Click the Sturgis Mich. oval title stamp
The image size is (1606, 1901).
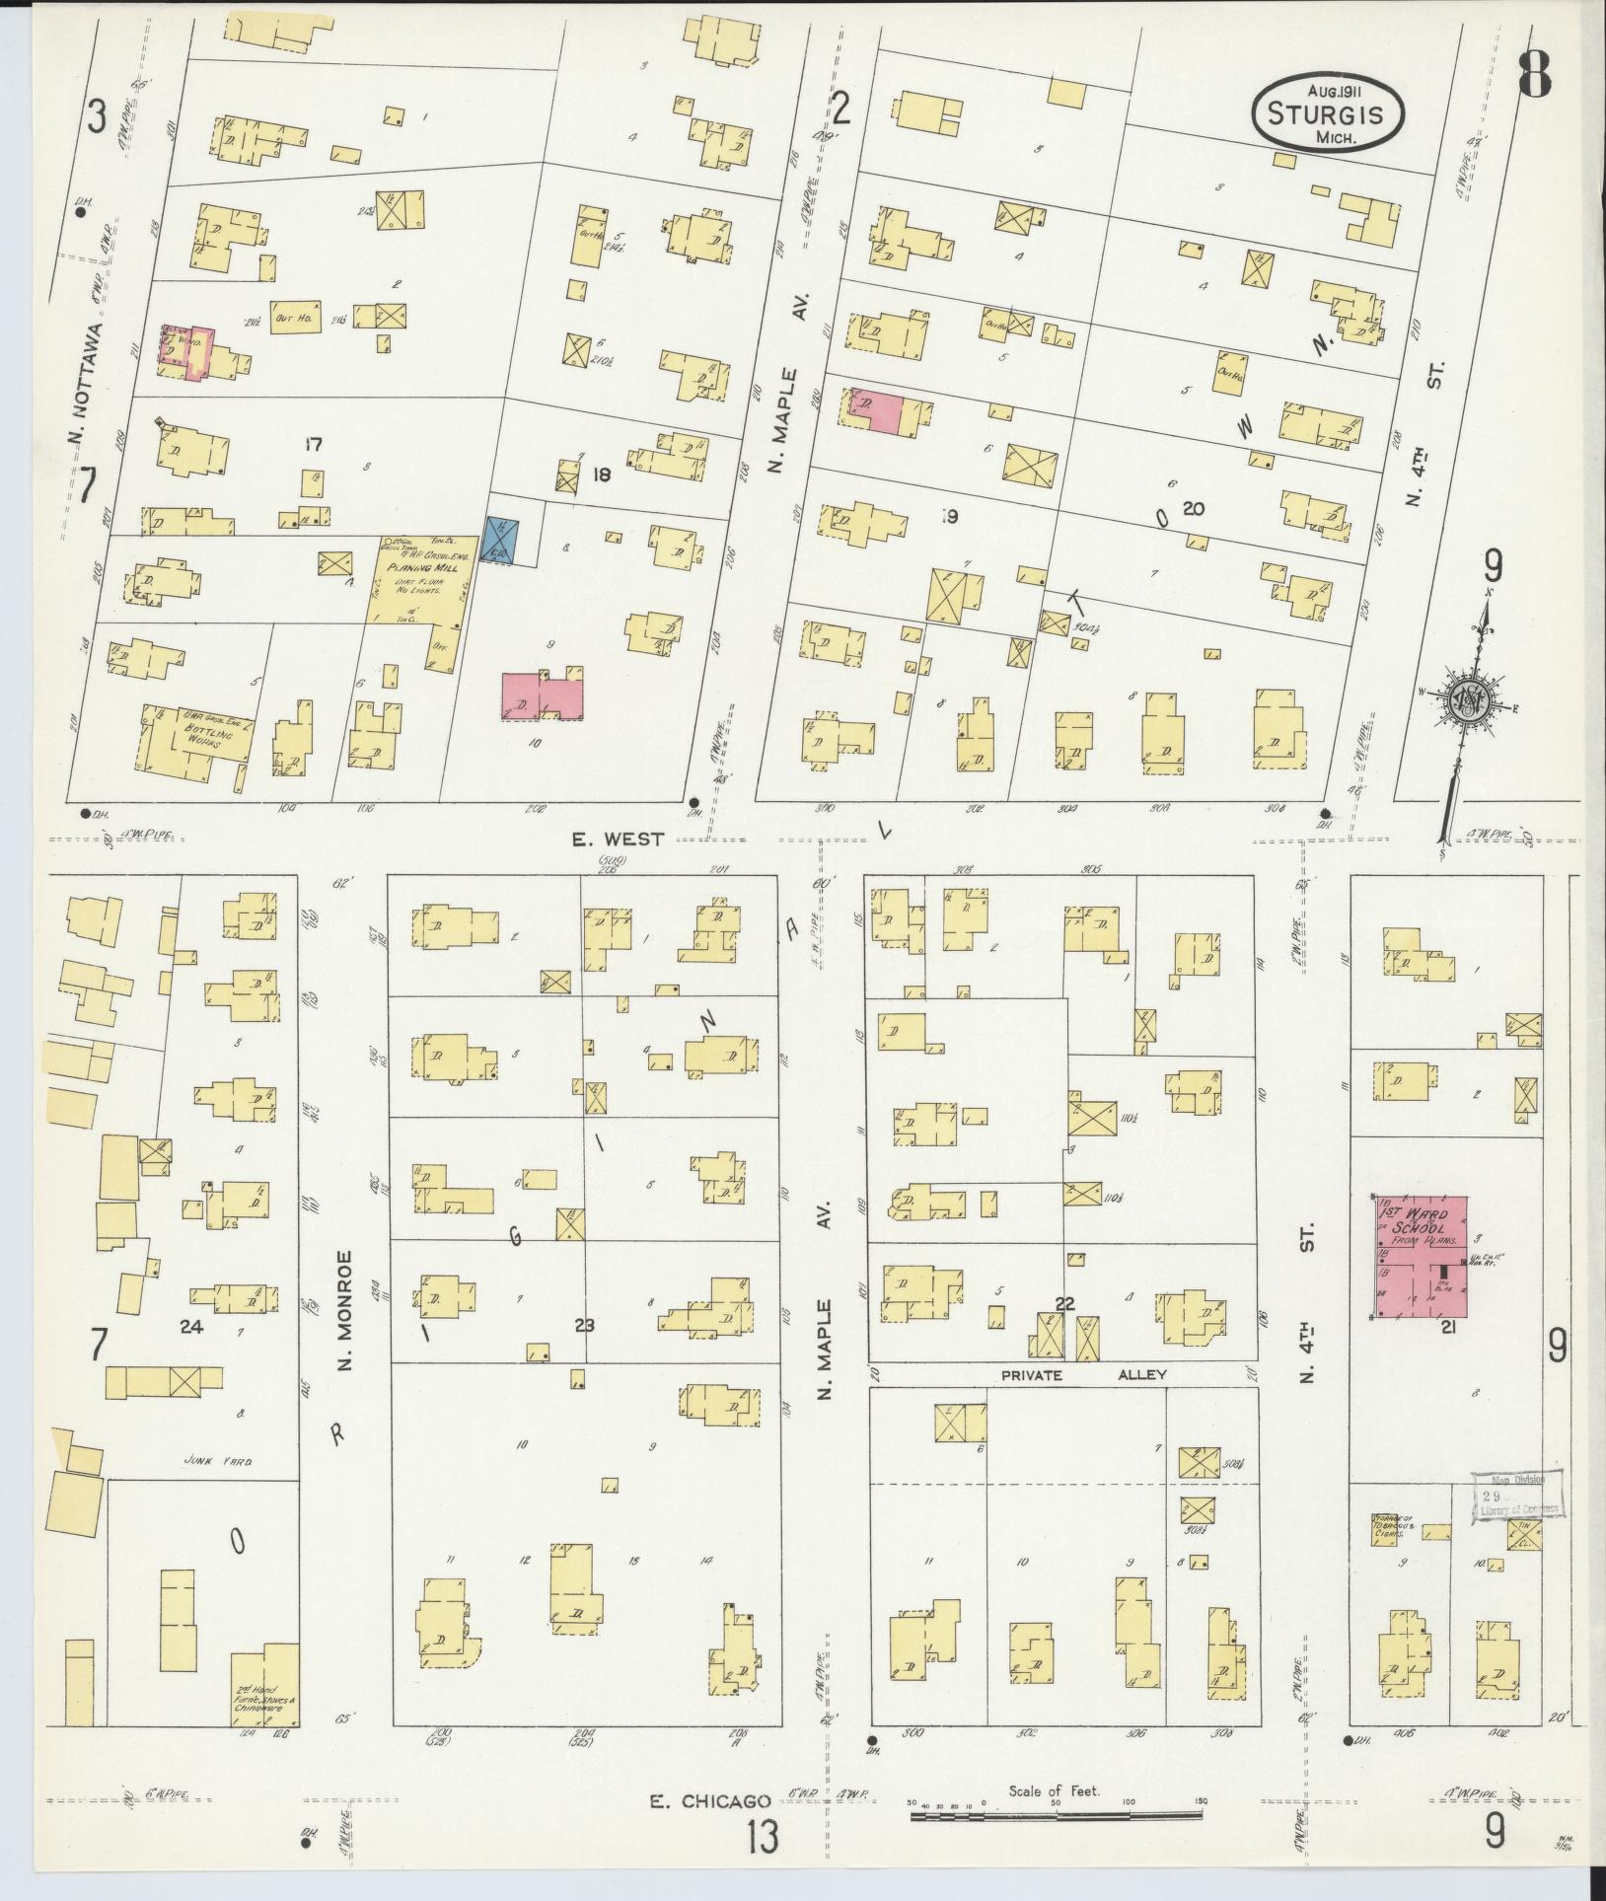(1329, 116)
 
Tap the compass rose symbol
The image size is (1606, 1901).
(1468, 701)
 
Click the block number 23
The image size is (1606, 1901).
(584, 1325)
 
